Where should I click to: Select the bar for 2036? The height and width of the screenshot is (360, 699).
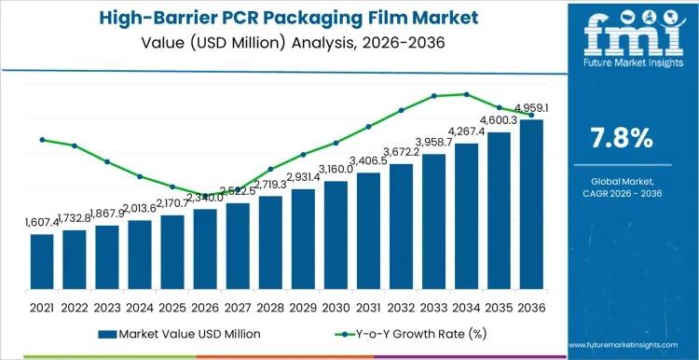531,204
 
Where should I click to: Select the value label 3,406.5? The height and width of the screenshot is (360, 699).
369,160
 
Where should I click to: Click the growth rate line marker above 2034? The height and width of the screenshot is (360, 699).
466,94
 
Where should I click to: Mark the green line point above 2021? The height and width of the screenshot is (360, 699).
42,140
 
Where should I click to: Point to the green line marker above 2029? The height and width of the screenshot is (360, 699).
303,155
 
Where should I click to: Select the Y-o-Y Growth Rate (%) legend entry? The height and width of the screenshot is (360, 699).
407,332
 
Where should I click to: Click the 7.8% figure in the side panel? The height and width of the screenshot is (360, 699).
623,139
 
